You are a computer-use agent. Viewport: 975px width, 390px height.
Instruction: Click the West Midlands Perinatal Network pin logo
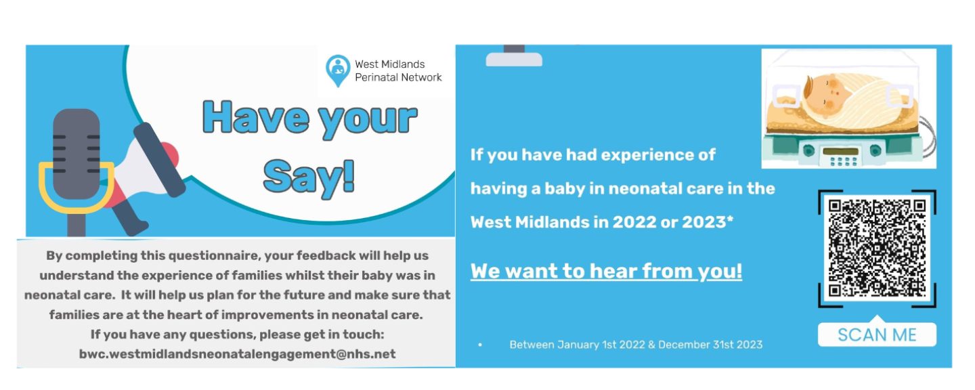point(338,70)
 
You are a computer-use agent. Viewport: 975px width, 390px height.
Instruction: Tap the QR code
point(877,248)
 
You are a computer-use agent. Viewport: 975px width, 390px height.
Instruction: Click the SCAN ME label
point(877,334)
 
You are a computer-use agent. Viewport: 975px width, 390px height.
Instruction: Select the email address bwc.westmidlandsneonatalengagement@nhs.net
point(237,354)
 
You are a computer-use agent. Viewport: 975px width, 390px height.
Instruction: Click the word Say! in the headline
point(309,177)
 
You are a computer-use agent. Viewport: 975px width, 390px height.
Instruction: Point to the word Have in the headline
point(256,118)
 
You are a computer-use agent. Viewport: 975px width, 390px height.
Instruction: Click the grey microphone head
point(76,153)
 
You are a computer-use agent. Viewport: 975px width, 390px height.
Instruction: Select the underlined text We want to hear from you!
point(606,271)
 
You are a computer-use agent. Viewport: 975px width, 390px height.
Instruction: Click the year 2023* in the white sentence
point(708,222)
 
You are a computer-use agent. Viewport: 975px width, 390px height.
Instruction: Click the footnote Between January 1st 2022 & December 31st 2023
point(636,345)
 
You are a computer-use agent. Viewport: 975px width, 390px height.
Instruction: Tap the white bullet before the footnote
point(480,345)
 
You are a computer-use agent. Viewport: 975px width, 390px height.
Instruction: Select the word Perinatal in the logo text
point(375,77)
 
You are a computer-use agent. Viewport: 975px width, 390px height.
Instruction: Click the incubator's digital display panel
point(840,152)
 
